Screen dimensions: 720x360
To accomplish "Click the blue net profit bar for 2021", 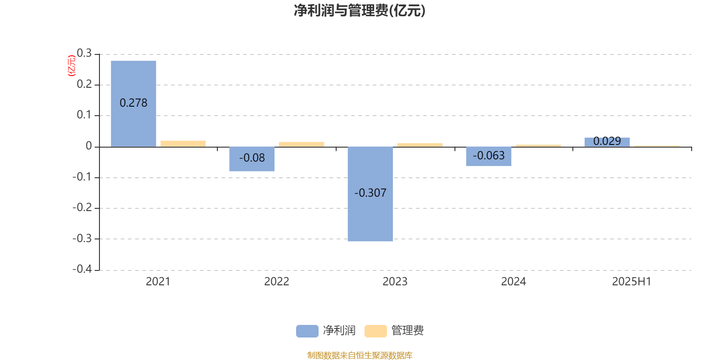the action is pyautogui.click(x=133, y=104).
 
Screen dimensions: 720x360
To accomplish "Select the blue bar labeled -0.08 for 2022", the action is pyautogui.click(x=252, y=159).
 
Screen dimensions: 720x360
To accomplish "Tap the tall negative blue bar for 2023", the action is pyautogui.click(x=370, y=194).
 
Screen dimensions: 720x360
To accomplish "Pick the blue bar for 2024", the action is pyautogui.click(x=489, y=157).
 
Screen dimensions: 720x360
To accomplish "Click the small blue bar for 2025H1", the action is pyautogui.click(x=607, y=142).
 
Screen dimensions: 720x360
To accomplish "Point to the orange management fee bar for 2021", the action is pyautogui.click(x=183, y=144).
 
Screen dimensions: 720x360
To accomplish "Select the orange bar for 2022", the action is pyautogui.click(x=301, y=144).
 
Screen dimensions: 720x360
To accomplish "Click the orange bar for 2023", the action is pyautogui.click(x=420, y=145).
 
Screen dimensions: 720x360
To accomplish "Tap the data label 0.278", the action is pyautogui.click(x=133, y=103).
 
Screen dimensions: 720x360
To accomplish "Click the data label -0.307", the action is pyautogui.click(x=370, y=193).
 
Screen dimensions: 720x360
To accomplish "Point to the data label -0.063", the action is pyautogui.click(x=489, y=156).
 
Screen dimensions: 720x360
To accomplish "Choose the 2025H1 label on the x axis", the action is pyautogui.click(x=631, y=282).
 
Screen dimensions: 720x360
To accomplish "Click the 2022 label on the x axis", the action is pyautogui.click(x=276, y=282).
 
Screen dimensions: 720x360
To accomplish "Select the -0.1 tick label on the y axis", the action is pyautogui.click(x=82, y=177).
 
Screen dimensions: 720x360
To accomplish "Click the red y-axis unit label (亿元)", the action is pyautogui.click(x=72, y=66).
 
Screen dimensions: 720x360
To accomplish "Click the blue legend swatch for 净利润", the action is pyautogui.click(x=307, y=331).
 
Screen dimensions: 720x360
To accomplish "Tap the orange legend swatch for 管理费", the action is pyautogui.click(x=375, y=331).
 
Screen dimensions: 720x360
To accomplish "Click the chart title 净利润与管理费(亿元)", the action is pyautogui.click(x=360, y=11).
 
